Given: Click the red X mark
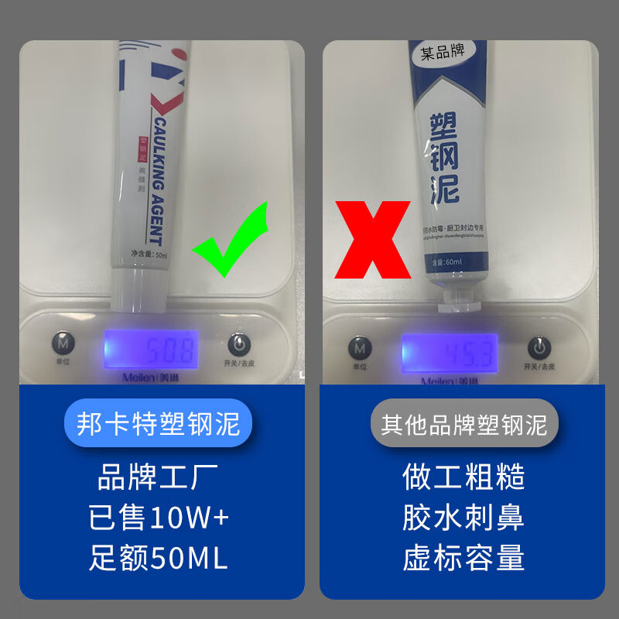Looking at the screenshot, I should tap(372, 240).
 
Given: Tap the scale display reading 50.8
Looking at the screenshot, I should tap(152, 350).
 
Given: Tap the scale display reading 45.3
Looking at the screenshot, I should tap(449, 353).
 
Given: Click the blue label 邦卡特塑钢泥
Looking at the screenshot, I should tap(159, 424).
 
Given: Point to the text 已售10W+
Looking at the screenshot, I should tap(159, 518).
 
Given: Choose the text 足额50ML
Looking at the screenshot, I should tap(159, 557).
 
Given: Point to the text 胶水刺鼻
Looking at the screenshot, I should tap(463, 518).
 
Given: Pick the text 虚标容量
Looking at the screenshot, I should tap(463, 557).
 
